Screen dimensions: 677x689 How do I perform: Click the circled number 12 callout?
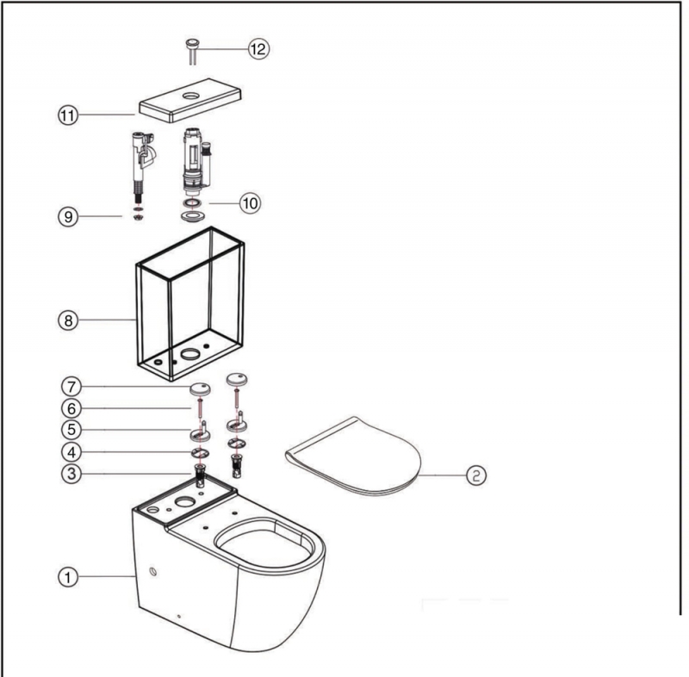point(258,49)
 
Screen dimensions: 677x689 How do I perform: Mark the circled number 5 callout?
point(72,429)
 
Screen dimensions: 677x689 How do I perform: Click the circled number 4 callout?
point(72,451)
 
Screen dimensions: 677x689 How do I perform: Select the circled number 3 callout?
point(72,473)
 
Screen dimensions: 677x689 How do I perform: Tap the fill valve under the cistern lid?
point(140,164)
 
